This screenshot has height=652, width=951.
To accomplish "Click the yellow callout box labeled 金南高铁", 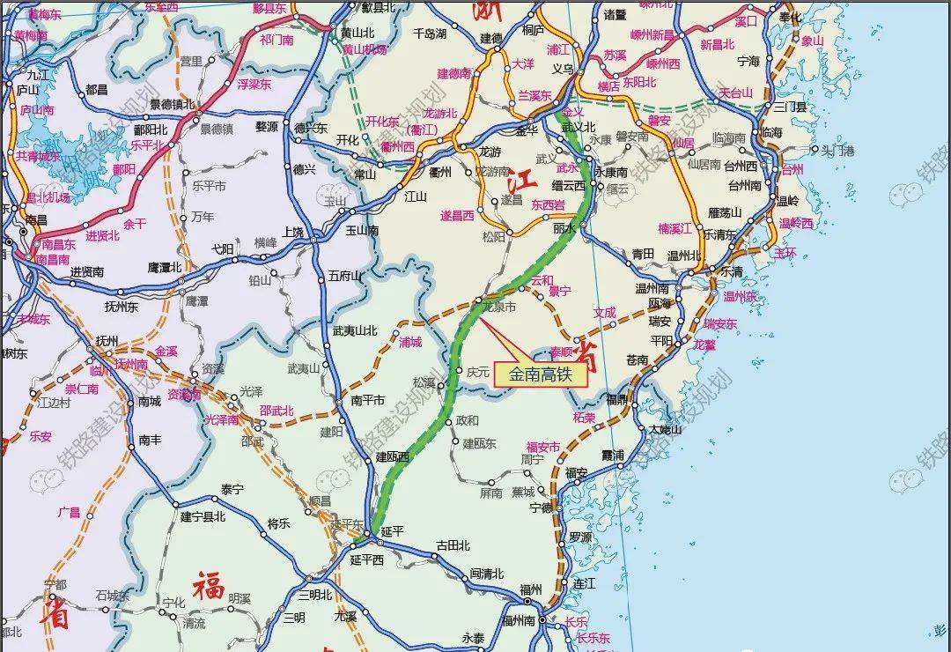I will [540, 374].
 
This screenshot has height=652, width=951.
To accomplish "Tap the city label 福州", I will [531, 589].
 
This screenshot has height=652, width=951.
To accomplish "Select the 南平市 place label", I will [368, 400].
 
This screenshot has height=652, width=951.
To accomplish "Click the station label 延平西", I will [367, 559].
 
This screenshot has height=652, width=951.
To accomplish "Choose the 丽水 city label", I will [564, 227].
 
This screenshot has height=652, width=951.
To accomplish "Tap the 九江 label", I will [40, 75].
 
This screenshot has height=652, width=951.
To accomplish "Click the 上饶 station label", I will [293, 233].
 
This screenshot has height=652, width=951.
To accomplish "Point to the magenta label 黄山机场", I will [365, 49].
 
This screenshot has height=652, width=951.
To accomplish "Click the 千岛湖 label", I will [430, 33].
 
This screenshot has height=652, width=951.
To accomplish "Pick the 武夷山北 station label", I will [355, 330].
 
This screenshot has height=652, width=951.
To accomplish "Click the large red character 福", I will [210, 584].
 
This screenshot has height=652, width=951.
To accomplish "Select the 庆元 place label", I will [478, 372].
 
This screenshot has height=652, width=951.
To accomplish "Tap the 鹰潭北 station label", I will [164, 267].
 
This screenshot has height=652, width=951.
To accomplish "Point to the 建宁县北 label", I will [203, 516].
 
